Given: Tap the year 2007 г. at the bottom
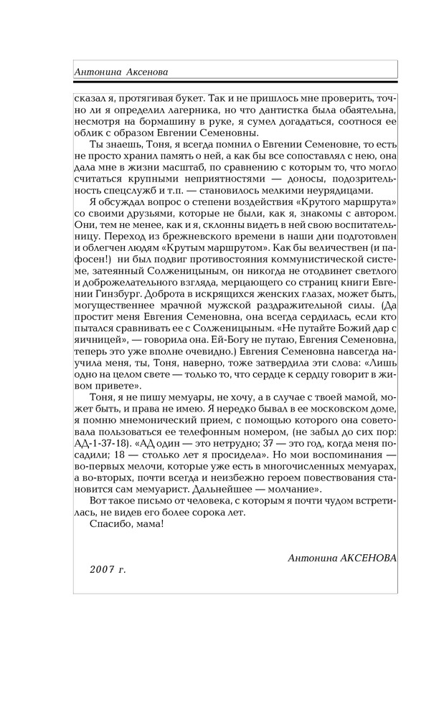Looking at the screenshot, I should [x=108, y=569].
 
